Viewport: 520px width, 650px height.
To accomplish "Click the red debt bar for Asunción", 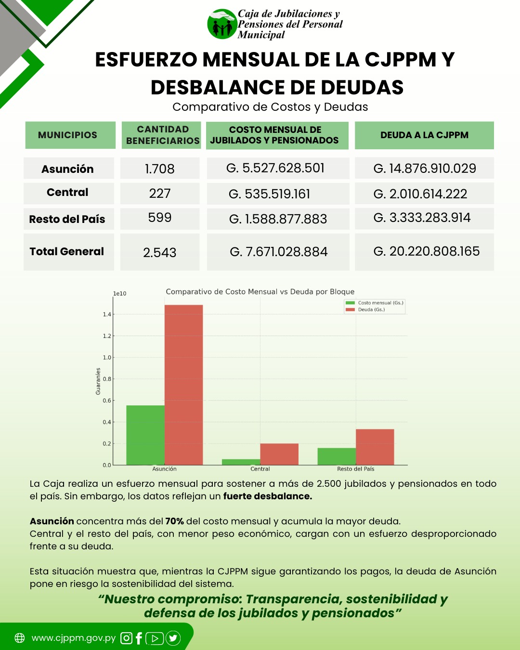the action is [x=184, y=385].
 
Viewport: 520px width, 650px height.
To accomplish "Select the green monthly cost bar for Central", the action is [x=241, y=462].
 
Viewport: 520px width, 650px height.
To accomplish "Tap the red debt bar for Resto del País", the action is [x=375, y=447].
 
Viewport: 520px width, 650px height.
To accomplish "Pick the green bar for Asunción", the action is [x=145, y=435].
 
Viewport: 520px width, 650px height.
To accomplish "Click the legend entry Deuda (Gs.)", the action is [x=365, y=310].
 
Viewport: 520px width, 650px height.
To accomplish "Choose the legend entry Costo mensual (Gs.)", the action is [x=375, y=303].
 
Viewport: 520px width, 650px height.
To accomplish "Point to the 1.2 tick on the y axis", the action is [x=107, y=336].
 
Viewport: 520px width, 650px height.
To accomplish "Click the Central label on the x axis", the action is [x=260, y=469].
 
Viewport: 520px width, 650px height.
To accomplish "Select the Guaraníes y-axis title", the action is [x=98, y=381].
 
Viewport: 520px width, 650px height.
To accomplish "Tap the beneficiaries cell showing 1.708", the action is [x=159, y=169].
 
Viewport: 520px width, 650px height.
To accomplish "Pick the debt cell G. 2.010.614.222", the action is [x=420, y=194].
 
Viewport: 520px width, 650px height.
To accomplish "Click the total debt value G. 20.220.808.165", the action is [x=426, y=251].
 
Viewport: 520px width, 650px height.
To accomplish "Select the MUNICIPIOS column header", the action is [x=67, y=135].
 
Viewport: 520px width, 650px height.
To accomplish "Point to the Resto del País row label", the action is [x=67, y=219].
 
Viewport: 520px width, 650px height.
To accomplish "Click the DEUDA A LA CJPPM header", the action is [x=424, y=135].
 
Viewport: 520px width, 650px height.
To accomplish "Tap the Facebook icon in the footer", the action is [x=139, y=638].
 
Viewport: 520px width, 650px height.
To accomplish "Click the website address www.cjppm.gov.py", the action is [x=73, y=638].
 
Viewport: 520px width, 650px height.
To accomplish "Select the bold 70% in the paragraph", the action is [x=175, y=521].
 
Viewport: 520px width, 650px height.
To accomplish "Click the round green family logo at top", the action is [x=222, y=24].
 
